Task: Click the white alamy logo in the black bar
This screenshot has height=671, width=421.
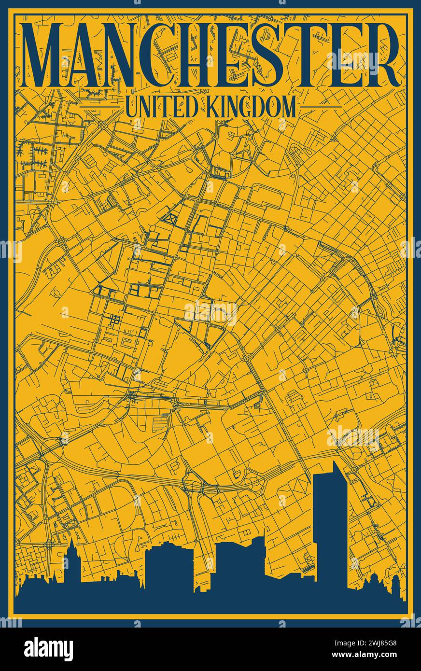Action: [48, 649]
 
